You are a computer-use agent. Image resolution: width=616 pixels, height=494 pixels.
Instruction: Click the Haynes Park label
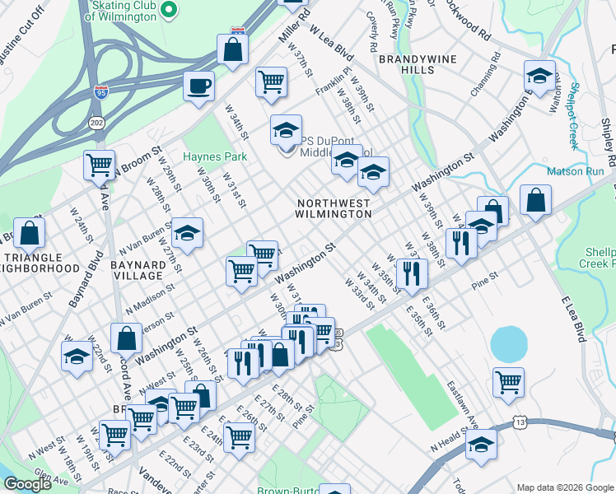point(215,156)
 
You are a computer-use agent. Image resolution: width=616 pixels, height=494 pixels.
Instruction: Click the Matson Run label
point(576,172)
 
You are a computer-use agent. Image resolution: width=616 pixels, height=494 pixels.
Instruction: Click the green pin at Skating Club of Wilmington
point(168,11)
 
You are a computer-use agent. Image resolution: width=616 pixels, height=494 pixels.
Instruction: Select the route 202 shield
point(96,123)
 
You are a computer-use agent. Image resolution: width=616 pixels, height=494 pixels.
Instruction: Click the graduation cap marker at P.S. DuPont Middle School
point(286,130)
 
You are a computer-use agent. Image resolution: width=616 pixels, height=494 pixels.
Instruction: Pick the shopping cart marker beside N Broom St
point(100,164)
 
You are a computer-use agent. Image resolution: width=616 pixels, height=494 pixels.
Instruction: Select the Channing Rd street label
point(485,75)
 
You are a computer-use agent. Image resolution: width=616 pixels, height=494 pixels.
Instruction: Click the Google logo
point(27,484)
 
